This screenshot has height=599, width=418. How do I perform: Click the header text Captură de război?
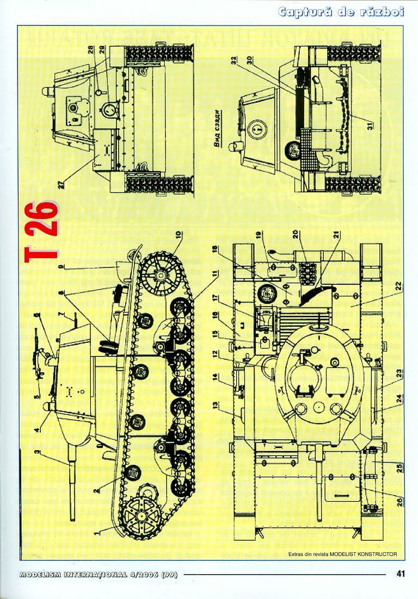point(341,12)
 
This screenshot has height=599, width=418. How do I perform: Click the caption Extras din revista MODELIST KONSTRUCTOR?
point(343,554)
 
